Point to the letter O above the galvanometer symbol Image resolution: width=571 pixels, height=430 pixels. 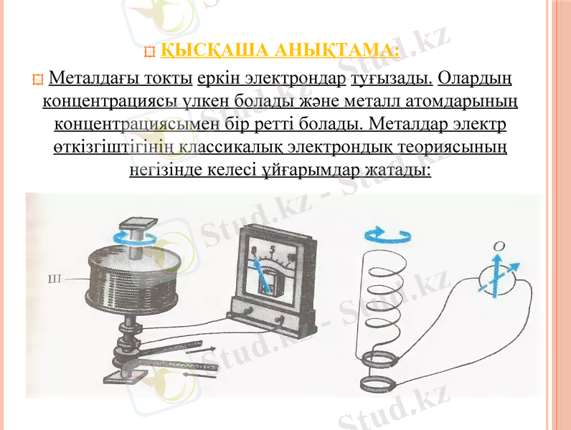point(499,246)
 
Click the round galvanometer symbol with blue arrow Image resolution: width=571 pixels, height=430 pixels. point(498,279)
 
